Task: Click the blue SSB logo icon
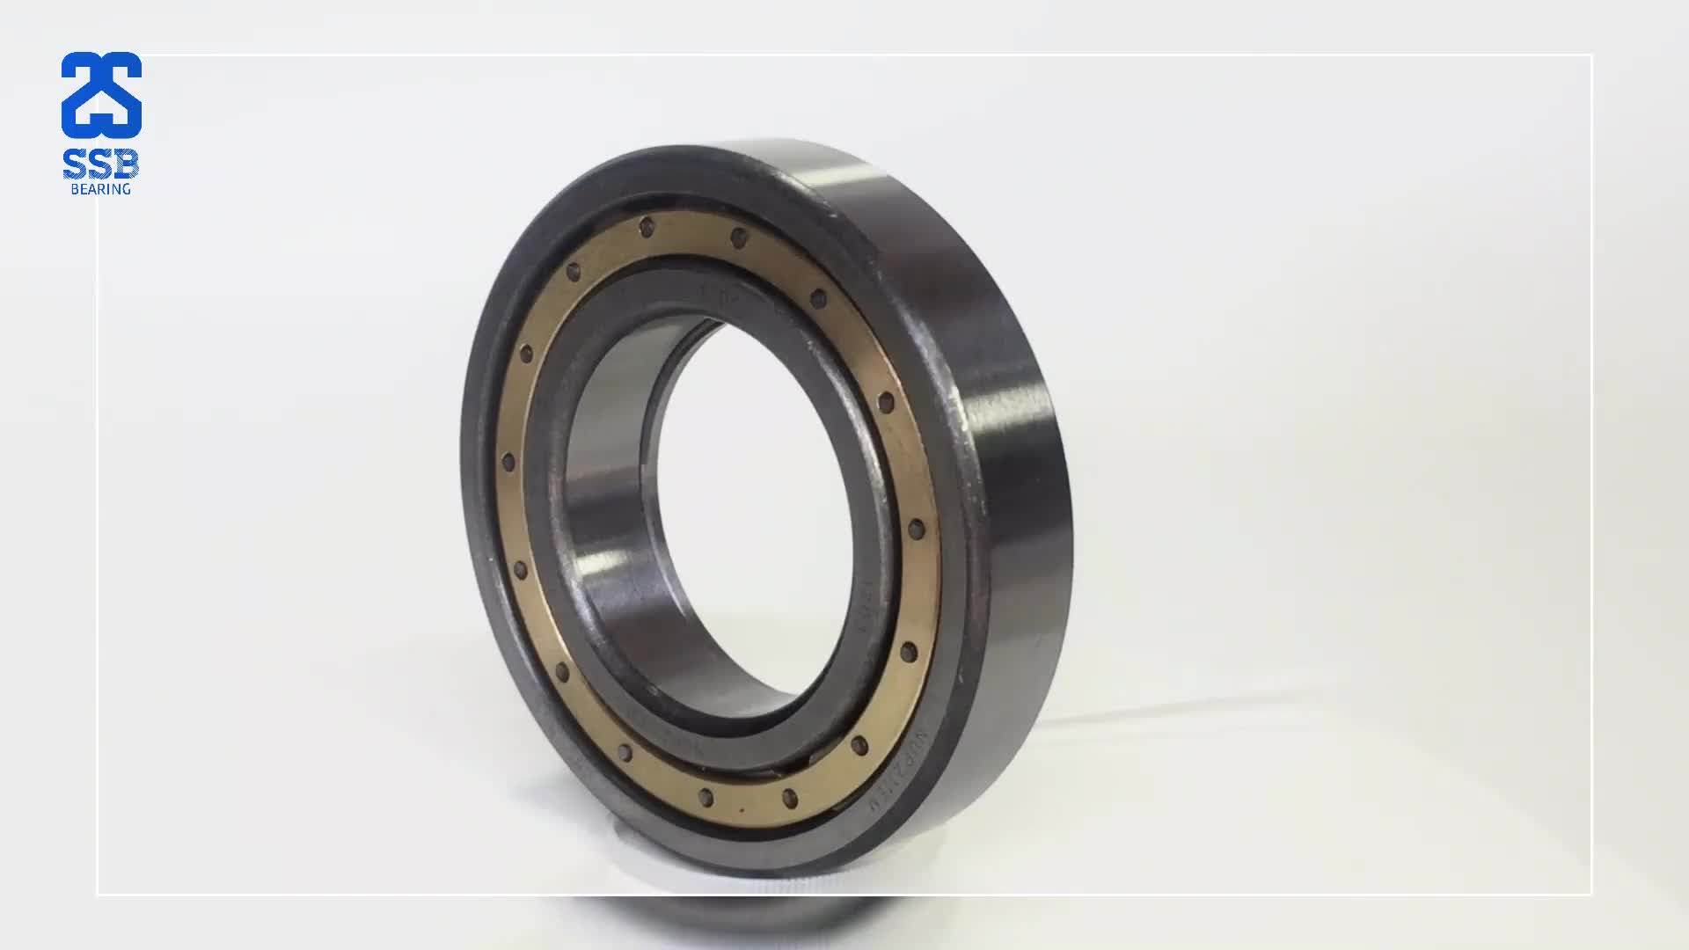pos(101,94)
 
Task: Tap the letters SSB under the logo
pos(101,164)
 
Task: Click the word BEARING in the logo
pos(101,189)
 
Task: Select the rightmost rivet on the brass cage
pos(916,530)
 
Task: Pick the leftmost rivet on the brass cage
pos(508,463)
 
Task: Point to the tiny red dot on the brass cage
pos(742,808)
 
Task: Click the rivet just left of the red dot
pos(705,797)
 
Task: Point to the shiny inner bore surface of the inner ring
pos(607,528)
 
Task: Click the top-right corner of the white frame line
pos(1591,55)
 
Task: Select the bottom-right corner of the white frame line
pos(1591,895)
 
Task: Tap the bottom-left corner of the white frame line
pos(97,895)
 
